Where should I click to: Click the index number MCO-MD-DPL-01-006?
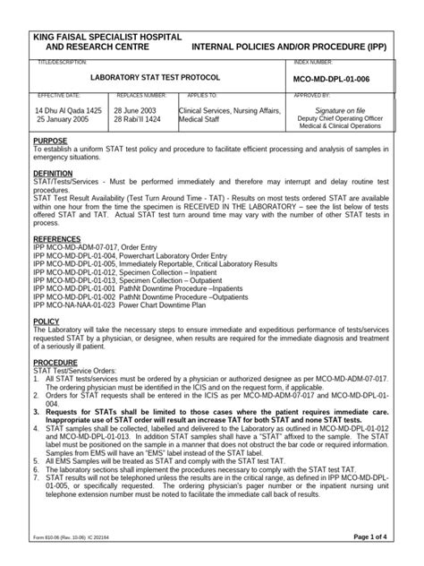click(x=337, y=79)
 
